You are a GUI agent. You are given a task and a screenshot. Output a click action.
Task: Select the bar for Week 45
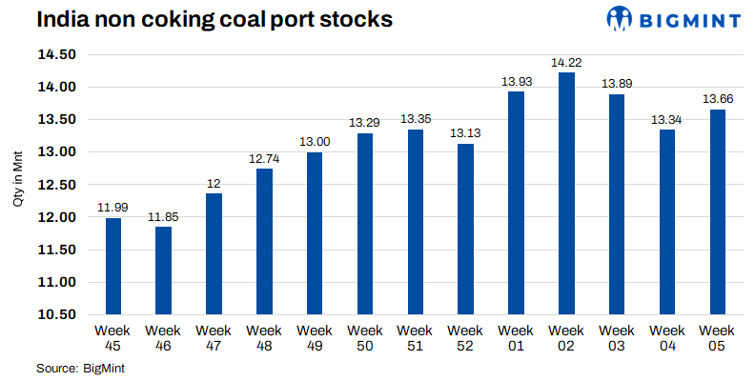(x=113, y=266)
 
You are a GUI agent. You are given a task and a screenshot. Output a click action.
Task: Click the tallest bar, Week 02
(x=567, y=193)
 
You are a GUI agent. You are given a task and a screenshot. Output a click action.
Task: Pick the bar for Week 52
(x=466, y=229)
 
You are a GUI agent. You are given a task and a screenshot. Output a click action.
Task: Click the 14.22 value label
(x=567, y=63)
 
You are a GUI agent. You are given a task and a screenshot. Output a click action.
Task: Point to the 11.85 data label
(x=164, y=217)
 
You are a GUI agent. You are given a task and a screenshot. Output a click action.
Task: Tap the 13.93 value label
(x=517, y=82)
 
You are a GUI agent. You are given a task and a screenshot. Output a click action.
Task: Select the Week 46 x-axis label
(x=164, y=337)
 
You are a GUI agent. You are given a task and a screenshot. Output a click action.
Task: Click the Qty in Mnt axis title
(x=16, y=185)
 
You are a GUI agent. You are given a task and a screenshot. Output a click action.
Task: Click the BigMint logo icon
(x=621, y=18)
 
